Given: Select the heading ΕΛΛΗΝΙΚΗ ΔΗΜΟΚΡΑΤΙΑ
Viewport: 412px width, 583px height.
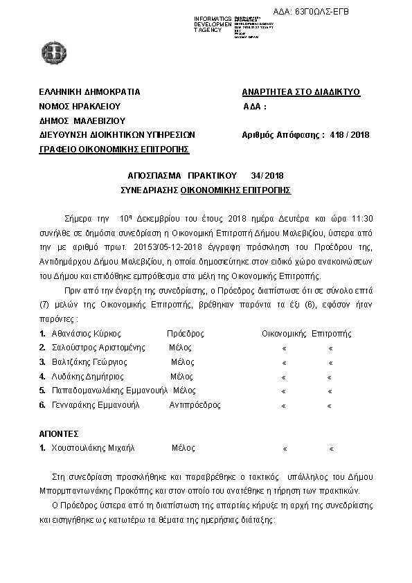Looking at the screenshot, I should (x=90, y=92).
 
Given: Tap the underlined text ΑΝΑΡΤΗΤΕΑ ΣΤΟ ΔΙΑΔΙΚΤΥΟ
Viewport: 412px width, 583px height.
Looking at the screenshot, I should (x=301, y=92).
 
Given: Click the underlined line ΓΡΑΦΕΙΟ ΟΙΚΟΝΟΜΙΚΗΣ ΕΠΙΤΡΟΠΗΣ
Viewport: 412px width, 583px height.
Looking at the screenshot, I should (x=114, y=149).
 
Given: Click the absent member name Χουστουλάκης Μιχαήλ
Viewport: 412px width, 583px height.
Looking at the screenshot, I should (x=92, y=448).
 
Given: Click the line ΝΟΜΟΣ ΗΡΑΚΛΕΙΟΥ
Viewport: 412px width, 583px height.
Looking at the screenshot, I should (x=80, y=107).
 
